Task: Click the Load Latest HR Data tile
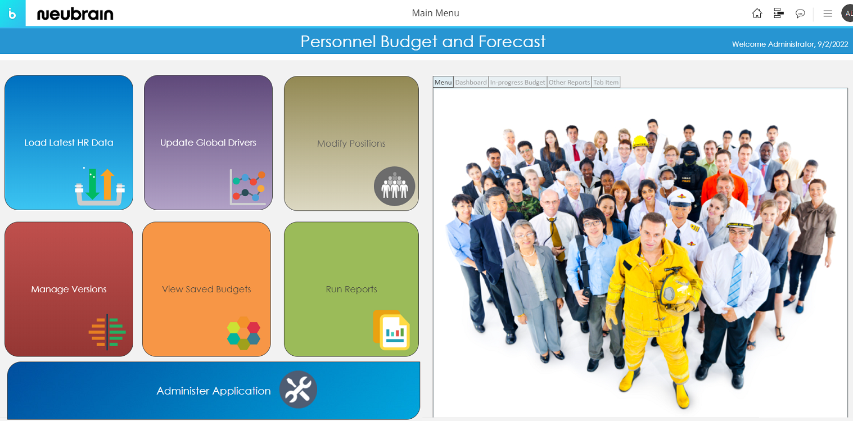(x=69, y=142)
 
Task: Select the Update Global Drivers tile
(x=208, y=142)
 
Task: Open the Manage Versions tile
(x=69, y=289)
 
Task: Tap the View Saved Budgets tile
(x=207, y=289)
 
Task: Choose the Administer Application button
(x=214, y=391)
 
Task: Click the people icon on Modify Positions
(x=395, y=186)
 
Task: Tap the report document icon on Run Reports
(x=391, y=330)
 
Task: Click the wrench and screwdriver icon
(x=298, y=390)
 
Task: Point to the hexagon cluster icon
(x=243, y=333)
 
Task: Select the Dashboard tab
(x=471, y=82)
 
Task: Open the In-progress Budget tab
(x=517, y=82)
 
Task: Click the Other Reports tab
(x=569, y=82)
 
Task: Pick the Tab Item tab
(x=606, y=82)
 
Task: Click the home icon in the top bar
(x=757, y=13)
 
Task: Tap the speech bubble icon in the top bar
(x=800, y=13)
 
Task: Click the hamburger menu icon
(x=828, y=13)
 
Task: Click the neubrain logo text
(x=75, y=14)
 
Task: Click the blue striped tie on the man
(x=735, y=280)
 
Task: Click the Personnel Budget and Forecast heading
(x=423, y=41)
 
